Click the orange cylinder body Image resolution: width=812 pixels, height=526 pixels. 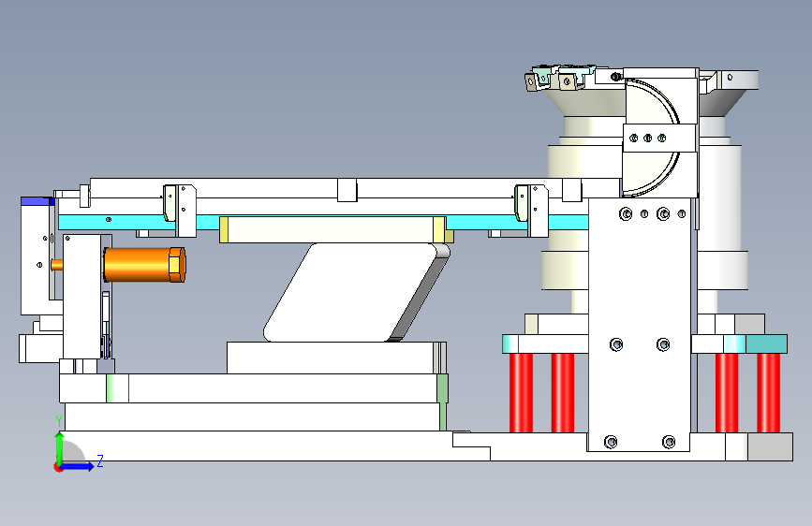pos(137,265)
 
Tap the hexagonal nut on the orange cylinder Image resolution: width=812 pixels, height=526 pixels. pos(178,265)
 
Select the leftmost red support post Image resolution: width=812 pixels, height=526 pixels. pos(521,392)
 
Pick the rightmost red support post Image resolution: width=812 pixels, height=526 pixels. pos(768,392)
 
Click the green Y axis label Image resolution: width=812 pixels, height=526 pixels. pos(59,421)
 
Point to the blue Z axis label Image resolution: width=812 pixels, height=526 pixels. pos(100,460)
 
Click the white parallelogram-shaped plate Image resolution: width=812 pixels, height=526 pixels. pos(351,293)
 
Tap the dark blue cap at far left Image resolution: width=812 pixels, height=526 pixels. pos(37,201)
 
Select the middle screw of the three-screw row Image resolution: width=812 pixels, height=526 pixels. pos(647,139)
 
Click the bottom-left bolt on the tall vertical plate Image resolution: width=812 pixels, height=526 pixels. pos(611,442)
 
